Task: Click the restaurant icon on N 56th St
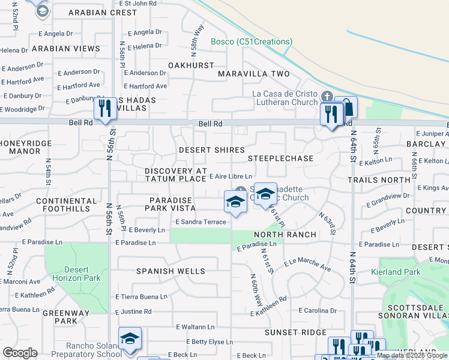105,109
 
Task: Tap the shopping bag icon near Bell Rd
346,107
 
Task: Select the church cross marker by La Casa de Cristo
327,97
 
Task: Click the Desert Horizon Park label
75,274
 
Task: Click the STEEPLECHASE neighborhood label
281,158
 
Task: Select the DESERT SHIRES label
212,150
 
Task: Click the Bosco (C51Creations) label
252,42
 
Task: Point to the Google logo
20,352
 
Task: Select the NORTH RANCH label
285,234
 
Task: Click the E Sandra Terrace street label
200,222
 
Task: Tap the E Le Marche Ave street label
307,265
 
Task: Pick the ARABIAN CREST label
103,13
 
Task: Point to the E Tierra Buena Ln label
141,297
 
